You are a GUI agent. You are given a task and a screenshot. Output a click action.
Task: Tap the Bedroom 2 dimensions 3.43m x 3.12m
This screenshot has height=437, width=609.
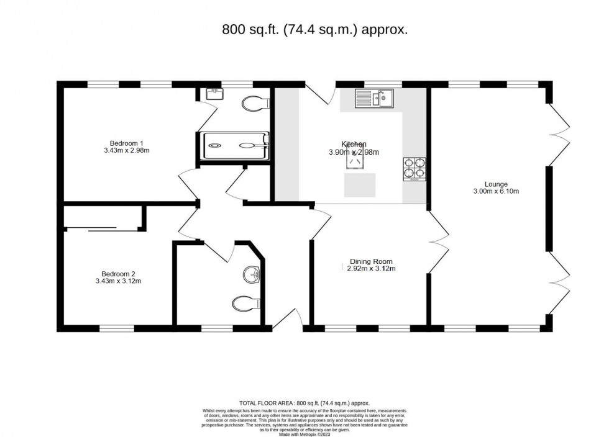118,281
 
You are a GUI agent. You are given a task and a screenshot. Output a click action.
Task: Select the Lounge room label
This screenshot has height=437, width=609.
497,184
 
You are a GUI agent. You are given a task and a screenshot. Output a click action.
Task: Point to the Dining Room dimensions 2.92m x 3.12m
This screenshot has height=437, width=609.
371,269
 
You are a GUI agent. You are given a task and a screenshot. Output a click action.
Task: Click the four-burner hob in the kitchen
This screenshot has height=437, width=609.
414,168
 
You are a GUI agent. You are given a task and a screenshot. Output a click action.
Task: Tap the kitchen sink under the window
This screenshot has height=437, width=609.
375,98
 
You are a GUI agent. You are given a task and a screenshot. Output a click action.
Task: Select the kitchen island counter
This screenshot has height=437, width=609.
360,184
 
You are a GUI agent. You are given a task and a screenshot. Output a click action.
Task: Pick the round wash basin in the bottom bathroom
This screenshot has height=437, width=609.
252,273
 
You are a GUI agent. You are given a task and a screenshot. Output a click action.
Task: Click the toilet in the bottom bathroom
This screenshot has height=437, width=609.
245,304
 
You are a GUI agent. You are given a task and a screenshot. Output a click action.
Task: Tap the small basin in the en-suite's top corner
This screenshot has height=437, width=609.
214,94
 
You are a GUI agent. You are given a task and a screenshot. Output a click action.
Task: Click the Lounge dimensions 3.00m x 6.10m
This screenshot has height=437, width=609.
497,191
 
